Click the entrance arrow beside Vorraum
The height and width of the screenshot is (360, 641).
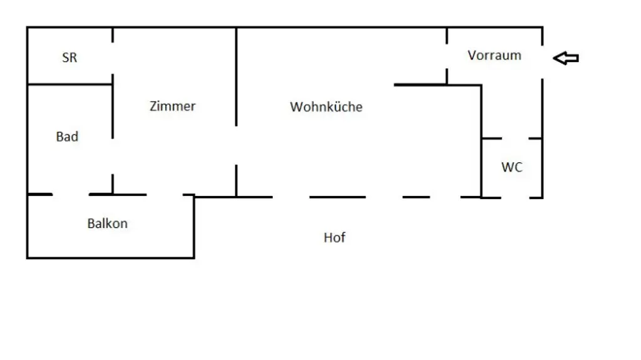click(x=566, y=58)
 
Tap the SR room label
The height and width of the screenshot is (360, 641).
click(x=69, y=58)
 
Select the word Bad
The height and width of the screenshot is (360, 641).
click(x=67, y=136)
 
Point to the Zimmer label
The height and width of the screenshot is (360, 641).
click(x=173, y=106)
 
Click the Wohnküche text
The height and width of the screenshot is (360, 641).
click(x=326, y=107)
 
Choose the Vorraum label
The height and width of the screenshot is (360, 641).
click(x=495, y=55)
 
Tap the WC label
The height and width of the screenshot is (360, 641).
click(x=511, y=167)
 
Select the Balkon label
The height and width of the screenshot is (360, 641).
click(x=107, y=224)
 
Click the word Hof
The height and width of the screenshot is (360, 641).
click(x=334, y=238)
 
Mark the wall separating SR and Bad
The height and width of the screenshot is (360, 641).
click(x=69, y=84)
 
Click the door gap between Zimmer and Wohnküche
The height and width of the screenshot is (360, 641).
click(x=236, y=145)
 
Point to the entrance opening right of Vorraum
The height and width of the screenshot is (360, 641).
click(x=542, y=61)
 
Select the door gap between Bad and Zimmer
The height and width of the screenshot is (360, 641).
click(x=113, y=157)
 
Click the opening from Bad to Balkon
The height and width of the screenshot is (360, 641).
click(x=71, y=195)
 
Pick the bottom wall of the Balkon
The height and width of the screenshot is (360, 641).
click(x=110, y=257)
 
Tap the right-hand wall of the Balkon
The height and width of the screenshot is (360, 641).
click(x=194, y=227)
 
